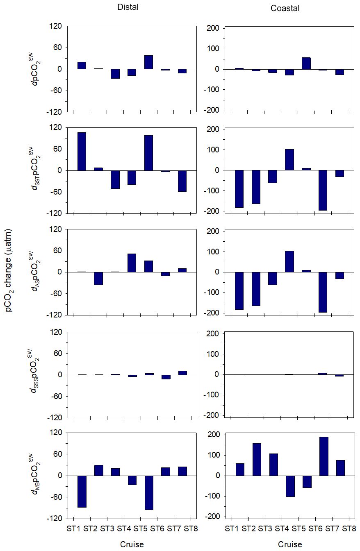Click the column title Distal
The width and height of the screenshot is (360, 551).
(x=127, y=7)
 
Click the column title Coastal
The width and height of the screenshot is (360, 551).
(x=285, y=8)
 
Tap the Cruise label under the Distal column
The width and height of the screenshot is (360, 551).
(x=132, y=544)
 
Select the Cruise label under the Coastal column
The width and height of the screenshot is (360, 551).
(x=290, y=544)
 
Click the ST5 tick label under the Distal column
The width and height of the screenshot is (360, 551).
(x=140, y=528)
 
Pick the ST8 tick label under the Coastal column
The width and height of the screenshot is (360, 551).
(x=349, y=528)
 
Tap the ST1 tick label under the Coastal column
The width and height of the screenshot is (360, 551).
(x=232, y=528)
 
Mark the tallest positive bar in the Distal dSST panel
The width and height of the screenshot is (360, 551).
(x=82, y=151)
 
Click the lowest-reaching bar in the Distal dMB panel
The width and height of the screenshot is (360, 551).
(x=148, y=492)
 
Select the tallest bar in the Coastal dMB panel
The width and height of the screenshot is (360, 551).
(x=324, y=456)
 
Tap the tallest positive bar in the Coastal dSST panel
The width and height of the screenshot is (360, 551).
(x=290, y=160)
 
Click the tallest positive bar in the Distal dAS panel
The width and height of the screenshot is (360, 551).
(x=132, y=263)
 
